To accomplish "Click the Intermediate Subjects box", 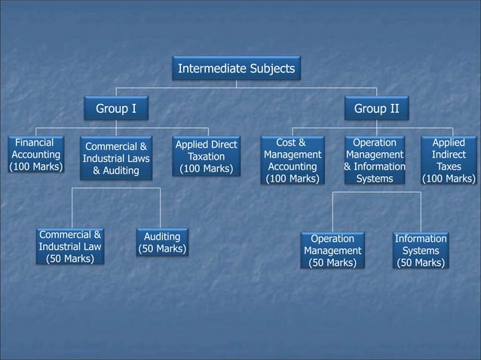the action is (x=236, y=69).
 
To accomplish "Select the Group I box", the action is (x=115, y=109).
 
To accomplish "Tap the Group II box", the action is (x=377, y=109).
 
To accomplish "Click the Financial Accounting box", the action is (x=35, y=154).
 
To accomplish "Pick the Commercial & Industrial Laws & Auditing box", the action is (x=116, y=159).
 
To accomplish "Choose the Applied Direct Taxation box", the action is (x=206, y=156).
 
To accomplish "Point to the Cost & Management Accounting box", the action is (x=293, y=160).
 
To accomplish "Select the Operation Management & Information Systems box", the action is (x=374, y=160).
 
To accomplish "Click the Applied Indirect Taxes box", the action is (x=449, y=160).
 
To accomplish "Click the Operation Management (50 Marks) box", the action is (x=332, y=251).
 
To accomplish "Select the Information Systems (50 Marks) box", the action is (x=421, y=251).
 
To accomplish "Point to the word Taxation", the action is (x=206, y=156).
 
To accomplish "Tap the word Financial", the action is (x=35, y=142).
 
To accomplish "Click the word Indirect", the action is (x=449, y=155).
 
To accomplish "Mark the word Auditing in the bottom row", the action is (x=162, y=236).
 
